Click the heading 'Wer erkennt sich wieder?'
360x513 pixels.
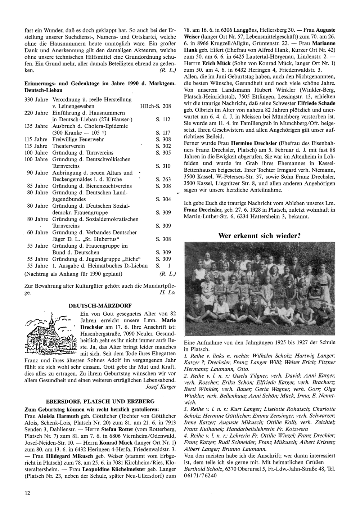259,236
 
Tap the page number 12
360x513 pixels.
27,493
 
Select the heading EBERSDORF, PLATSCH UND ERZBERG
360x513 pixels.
100,401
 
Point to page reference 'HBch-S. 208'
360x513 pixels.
156,106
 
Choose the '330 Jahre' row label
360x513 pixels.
36,99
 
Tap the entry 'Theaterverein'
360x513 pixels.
69,146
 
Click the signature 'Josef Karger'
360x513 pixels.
161,387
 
